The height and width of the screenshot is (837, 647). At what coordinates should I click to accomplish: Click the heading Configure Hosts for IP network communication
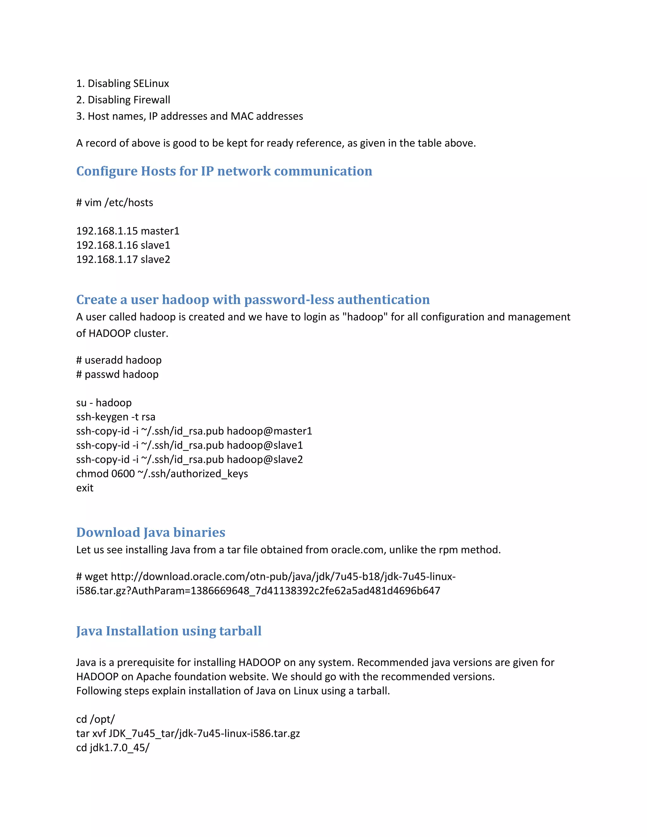pyautogui.click(x=224, y=171)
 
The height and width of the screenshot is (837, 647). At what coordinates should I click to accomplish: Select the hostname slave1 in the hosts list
pyautogui.click(x=155, y=245)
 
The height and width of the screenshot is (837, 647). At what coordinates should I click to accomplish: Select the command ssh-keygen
pyautogui.click(x=102, y=417)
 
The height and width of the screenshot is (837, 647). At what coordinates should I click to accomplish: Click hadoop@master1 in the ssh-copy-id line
pyautogui.click(x=269, y=431)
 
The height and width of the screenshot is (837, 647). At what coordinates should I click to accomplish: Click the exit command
pyautogui.click(x=85, y=488)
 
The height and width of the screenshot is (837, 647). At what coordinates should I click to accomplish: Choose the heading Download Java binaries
pyautogui.click(x=151, y=532)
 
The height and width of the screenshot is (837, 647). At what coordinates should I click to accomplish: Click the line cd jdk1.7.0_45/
pyautogui.click(x=113, y=748)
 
